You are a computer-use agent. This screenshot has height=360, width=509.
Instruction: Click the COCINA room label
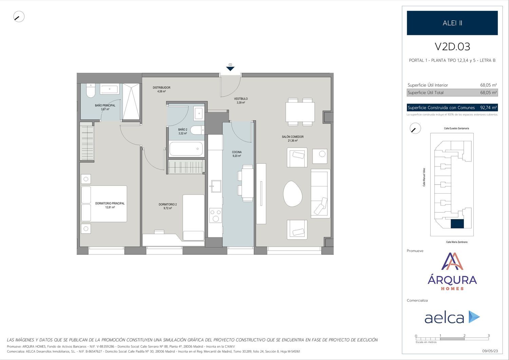pyautogui.click(x=237, y=152)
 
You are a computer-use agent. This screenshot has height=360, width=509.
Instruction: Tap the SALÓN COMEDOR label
pyautogui.click(x=293, y=137)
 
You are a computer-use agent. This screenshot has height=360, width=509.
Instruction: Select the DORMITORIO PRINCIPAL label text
pyautogui.click(x=110, y=203)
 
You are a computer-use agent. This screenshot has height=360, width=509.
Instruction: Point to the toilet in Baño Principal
pyautogui.click(x=91, y=91)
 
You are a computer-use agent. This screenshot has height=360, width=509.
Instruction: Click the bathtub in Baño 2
pyautogui.click(x=186, y=149)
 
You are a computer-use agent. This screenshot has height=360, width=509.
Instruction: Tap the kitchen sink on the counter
pyautogui.click(x=215, y=186)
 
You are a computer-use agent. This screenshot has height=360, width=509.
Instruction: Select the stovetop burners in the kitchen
pyautogui.click(x=215, y=215)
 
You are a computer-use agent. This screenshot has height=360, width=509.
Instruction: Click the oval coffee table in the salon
pyautogui.click(x=293, y=194)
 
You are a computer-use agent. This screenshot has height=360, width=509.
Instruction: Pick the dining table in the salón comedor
pyautogui.click(x=300, y=112)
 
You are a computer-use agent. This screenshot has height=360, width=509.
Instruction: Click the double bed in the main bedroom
pyautogui.click(x=104, y=204)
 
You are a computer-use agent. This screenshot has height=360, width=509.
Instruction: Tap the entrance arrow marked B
pyautogui.click(x=230, y=69)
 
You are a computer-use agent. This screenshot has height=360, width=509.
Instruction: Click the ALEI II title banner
pyautogui.click(x=452, y=23)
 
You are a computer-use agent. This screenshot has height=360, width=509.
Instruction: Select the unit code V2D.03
pyautogui.click(x=452, y=47)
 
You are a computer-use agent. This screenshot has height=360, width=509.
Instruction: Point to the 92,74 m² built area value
pyautogui.click(x=489, y=108)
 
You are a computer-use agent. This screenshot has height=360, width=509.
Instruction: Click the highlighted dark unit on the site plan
pyautogui.click(x=457, y=224)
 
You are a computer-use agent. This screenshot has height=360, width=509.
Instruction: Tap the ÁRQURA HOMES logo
pyautogui.click(x=452, y=271)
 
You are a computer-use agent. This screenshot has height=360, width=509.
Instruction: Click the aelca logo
pyautogui.click(x=452, y=317)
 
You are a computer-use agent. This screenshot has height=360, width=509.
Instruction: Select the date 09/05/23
pyautogui.click(x=490, y=351)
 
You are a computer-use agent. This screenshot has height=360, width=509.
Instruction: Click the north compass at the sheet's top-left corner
pyautogui.click(x=19, y=17)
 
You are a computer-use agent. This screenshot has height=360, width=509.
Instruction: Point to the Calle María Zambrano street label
pyautogui.click(x=457, y=242)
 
